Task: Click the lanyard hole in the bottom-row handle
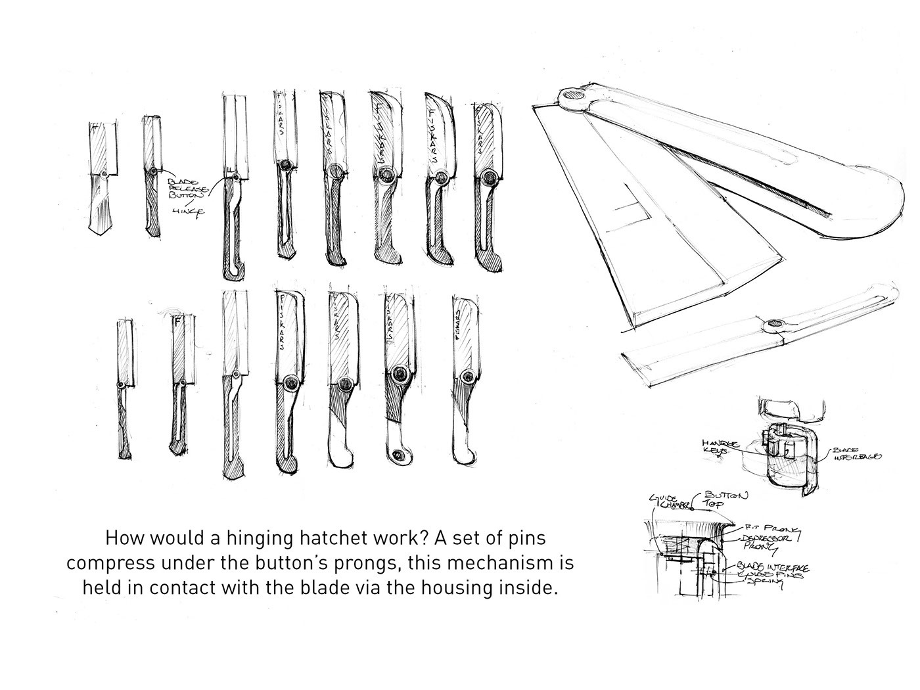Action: pos(396,455)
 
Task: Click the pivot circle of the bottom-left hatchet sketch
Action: pos(121,384)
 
